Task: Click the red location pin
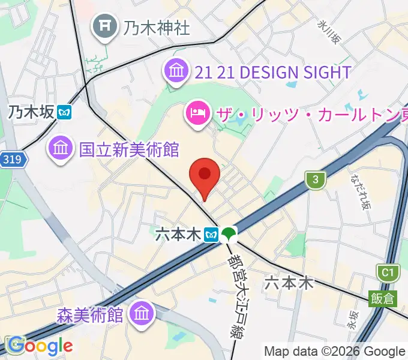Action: pos(205,176)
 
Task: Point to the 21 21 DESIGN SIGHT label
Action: pos(273,73)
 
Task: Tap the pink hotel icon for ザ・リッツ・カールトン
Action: pos(197,111)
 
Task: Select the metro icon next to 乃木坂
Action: pos(65,112)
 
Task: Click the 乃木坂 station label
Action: pos(31,112)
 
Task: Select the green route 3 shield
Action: pos(315,179)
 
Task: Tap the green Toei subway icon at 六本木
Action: pos(228,234)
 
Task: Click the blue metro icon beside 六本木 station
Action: pos(211,234)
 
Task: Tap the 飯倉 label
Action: pos(382,298)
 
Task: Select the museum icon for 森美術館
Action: pos(142,313)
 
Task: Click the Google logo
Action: pos(40,346)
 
